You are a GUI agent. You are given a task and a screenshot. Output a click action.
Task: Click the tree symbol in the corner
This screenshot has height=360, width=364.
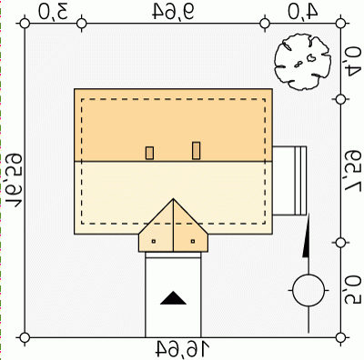[302, 62]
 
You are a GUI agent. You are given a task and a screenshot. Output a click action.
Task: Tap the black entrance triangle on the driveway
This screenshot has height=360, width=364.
[173, 298]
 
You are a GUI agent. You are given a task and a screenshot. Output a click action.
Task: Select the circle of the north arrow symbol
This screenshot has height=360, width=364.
[308, 291]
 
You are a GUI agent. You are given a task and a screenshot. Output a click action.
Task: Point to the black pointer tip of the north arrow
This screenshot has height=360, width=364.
[308, 215]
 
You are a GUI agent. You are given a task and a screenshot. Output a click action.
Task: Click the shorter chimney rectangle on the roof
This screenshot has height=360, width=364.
[149, 153]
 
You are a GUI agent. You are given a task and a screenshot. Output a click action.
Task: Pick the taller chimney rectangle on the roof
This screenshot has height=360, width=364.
[197, 151]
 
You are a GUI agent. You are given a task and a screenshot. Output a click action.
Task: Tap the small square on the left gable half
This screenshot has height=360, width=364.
[154, 241]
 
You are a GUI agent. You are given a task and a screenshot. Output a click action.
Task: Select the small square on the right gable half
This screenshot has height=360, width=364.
[193, 241]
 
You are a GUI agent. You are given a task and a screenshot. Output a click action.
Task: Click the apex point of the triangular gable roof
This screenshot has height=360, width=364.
[173, 198]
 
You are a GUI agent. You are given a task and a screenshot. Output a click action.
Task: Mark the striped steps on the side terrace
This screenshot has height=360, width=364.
[300, 181]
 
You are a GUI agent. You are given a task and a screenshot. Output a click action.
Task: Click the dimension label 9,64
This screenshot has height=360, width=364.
[173, 12]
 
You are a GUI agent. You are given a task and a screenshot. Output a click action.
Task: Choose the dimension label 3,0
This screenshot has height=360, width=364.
[53, 12]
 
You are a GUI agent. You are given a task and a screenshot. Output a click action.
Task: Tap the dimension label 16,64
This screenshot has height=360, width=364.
[183, 349]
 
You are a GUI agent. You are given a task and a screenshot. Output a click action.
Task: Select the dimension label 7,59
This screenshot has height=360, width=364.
[353, 171]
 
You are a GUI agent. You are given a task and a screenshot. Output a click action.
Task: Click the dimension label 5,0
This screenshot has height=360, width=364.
[353, 289]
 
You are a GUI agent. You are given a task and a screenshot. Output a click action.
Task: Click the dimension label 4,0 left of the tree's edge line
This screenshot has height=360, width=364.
[302, 12]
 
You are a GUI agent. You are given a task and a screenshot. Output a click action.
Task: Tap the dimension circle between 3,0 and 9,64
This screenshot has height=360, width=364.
[82, 23]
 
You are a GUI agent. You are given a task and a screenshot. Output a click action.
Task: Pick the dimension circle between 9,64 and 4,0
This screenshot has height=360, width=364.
[265, 23]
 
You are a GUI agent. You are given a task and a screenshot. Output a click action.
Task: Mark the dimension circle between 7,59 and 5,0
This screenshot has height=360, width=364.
[341, 243]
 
